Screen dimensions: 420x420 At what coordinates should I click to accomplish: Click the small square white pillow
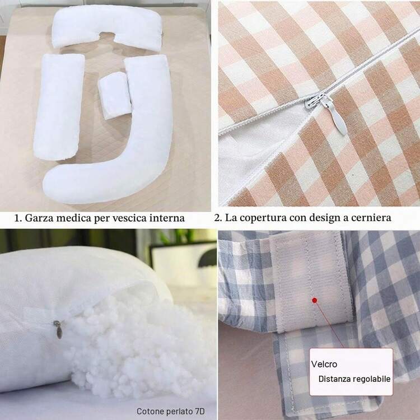pyautogui.click(x=115, y=95)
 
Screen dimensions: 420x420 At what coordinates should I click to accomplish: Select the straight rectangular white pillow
pyautogui.click(x=59, y=106)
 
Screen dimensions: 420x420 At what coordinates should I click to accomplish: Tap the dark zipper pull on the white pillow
pyautogui.click(x=58, y=329)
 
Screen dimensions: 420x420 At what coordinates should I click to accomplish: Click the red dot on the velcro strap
pyautogui.click(x=315, y=301)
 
